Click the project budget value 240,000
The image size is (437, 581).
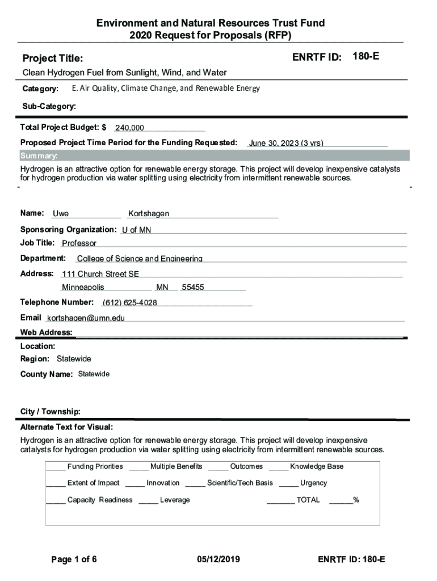[129, 128]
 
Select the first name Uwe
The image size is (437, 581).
[61, 214]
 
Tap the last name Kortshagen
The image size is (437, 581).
[149, 214]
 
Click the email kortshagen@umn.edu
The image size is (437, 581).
[86, 318]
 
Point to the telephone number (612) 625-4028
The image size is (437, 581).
[130, 302]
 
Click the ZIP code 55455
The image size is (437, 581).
[193, 288]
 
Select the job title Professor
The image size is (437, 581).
[79, 243]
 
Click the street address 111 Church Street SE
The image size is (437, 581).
[100, 274]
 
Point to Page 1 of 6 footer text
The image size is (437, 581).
[74, 560]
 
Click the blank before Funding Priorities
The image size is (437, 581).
[56, 467]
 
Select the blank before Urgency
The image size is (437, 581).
[288, 483]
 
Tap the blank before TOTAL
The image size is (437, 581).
[280, 500]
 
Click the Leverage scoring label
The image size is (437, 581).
[175, 500]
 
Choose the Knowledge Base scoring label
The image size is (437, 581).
[317, 467]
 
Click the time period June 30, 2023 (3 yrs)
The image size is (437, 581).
[286, 144]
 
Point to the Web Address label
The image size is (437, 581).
[46, 332]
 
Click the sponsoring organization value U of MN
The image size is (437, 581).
[136, 230]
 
